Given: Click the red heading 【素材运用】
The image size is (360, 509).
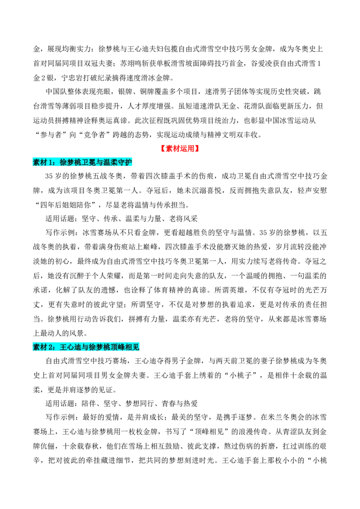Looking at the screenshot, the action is tap(180, 149).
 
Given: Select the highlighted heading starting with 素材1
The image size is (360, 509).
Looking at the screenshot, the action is tap(82, 162).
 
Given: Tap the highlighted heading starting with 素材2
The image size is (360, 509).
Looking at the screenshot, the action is tap(86, 347).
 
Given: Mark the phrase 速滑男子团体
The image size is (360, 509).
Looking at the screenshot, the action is tap(227, 92).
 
